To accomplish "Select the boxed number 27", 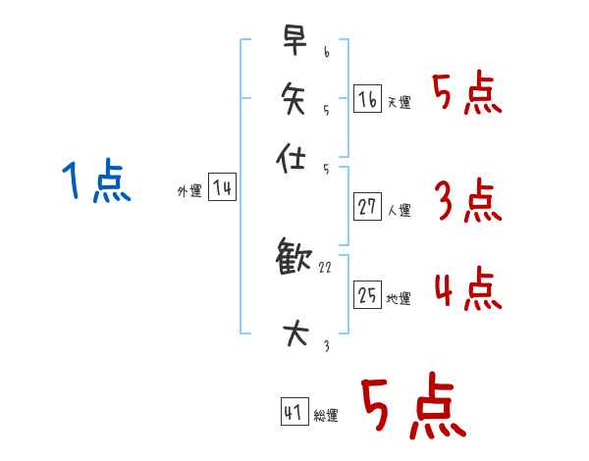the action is [x=367, y=206].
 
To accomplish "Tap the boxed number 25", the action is [x=367, y=294].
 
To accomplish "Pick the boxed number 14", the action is [x=222, y=188].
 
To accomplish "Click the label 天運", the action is [x=400, y=102].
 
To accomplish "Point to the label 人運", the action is [x=400, y=210].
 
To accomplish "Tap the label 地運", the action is [x=400, y=299].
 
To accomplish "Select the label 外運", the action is [x=189, y=192].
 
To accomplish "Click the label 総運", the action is [x=327, y=417].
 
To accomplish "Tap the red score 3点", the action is [x=467, y=202].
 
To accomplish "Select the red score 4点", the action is [x=467, y=290].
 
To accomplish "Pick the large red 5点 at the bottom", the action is [x=412, y=407].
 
